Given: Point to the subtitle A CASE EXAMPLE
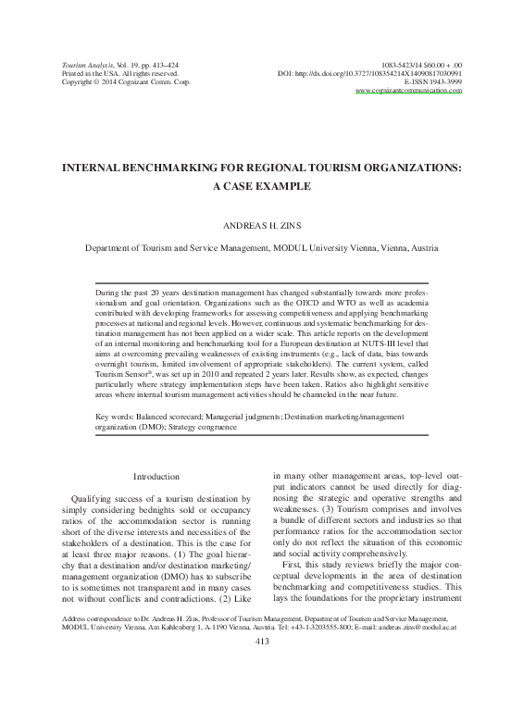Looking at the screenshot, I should coord(255,186).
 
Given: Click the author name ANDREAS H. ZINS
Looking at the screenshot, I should coord(255,224).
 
